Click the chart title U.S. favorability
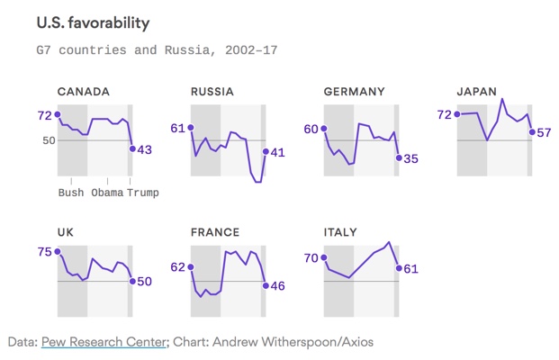click(x=93, y=21)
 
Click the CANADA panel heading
click(x=84, y=92)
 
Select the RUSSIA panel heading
click(x=212, y=92)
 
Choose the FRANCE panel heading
click(x=215, y=232)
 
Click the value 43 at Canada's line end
click(x=144, y=149)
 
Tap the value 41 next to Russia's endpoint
click(x=277, y=152)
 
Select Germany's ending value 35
click(x=410, y=158)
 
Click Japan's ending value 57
click(x=544, y=132)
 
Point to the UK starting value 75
click(x=45, y=252)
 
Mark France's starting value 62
click(x=178, y=267)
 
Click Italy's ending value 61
click(x=410, y=268)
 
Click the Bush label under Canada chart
click(x=71, y=192)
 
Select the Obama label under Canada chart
click(x=107, y=192)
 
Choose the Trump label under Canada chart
click(x=142, y=192)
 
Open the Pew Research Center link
click(x=104, y=342)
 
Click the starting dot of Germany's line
click(x=324, y=129)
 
